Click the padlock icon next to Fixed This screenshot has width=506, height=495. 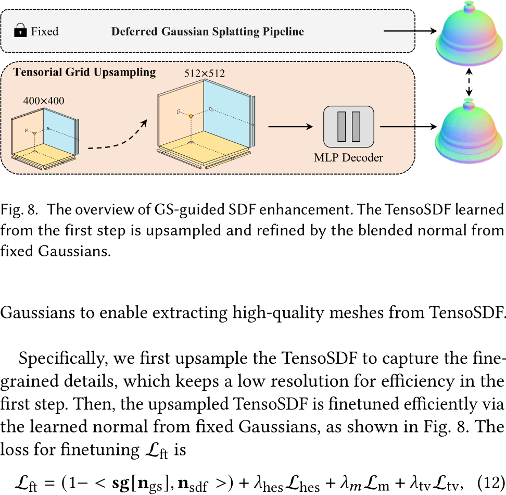coord(20,30)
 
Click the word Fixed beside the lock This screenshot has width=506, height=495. coord(45,31)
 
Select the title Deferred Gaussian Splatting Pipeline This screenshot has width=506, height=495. coord(208,31)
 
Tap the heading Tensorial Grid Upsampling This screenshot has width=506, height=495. coord(84,72)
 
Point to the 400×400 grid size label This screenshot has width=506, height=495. coord(44,101)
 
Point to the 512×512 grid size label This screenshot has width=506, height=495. coord(204,73)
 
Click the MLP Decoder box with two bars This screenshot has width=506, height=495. coord(348,127)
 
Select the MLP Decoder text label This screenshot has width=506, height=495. coord(348,157)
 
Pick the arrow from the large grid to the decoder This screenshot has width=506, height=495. coord(290,127)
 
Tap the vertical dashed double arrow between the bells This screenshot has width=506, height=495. coord(469,82)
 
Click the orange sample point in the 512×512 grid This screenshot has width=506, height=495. coord(191,116)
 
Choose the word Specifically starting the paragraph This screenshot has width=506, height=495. coord(63,359)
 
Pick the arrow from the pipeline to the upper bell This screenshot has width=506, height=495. coord(410,31)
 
